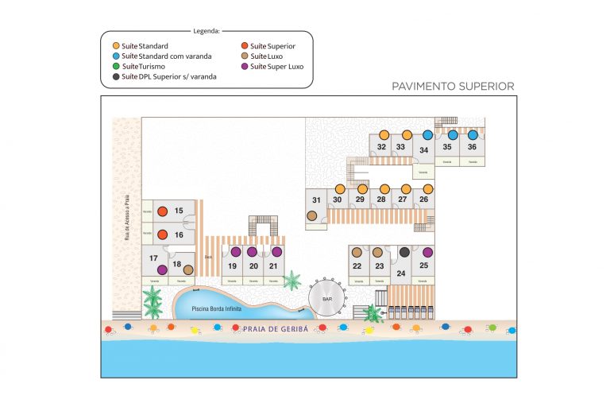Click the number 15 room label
coord(179,211)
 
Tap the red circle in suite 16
coord(162,235)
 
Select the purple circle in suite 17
coord(162,269)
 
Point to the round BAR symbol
coord(326,300)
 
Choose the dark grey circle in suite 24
coord(404,253)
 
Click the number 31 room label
coord(316,200)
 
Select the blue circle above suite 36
coord(472,135)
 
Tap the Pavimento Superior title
coord(453,86)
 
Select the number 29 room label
coord(360,200)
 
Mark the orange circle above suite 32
coord(384,135)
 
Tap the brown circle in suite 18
coord(188,269)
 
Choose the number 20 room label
coord(253,266)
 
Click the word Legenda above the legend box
coord(207,31)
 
